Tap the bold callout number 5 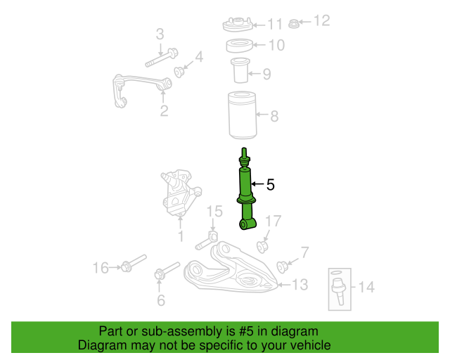(270, 185)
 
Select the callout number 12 (322, 21)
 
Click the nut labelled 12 (293, 24)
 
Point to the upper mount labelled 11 (238, 25)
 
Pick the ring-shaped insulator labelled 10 (240, 46)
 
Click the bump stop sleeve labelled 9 (240, 70)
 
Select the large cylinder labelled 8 (242, 115)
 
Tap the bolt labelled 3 (161, 58)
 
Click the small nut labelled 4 (179, 72)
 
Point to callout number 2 (164, 111)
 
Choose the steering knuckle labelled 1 (179, 193)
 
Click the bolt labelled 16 (134, 263)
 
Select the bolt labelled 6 (167, 271)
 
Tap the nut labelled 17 (262, 247)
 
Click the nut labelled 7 (283, 266)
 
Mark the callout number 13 (300, 285)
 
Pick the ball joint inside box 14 (339, 290)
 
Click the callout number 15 (214, 212)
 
